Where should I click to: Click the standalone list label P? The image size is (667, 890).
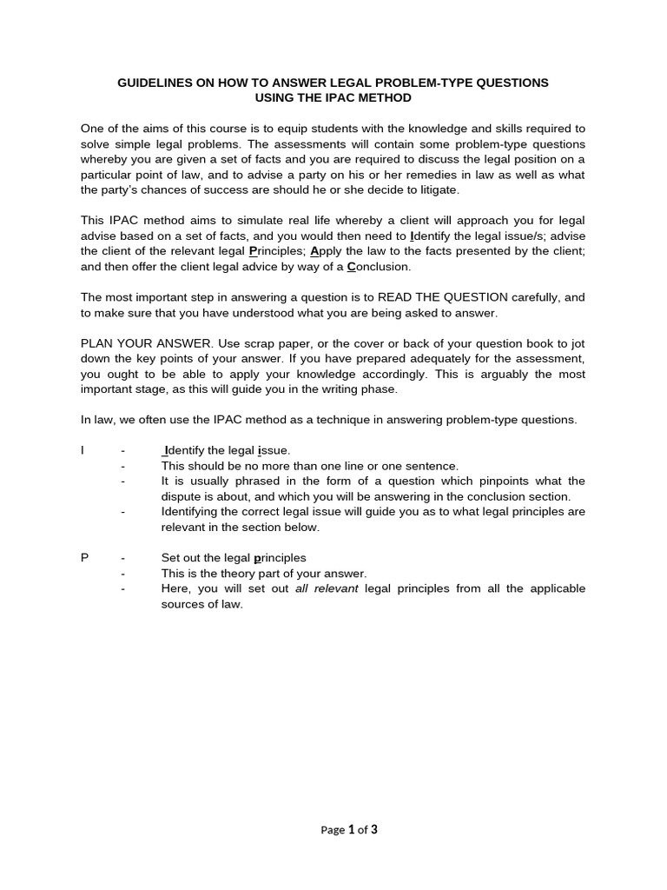tap(84, 558)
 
